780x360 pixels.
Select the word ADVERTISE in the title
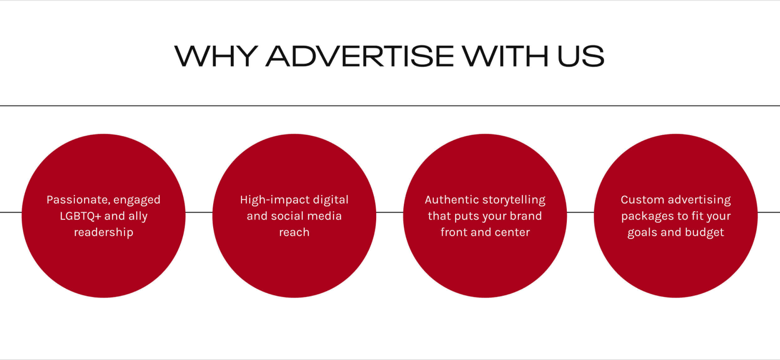click(360, 56)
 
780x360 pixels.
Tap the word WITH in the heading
click(505, 56)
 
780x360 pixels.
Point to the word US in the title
click(581, 56)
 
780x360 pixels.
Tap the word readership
click(104, 232)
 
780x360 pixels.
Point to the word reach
click(294, 233)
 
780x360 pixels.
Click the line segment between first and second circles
click(199, 212)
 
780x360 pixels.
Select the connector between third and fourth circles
click(580, 212)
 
